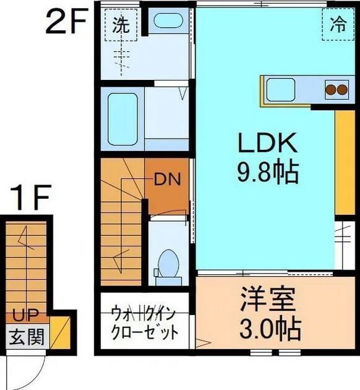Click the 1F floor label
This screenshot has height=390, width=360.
click(30, 199)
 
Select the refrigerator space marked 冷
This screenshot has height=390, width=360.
click(337, 25)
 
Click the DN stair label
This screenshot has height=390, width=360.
click(167, 180)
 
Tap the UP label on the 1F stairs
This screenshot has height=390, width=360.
click(24, 314)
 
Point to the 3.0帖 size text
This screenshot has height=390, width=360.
click(267, 326)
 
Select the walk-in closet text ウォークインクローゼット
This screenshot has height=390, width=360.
click(144, 321)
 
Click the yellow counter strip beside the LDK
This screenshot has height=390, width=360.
click(345, 163)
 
